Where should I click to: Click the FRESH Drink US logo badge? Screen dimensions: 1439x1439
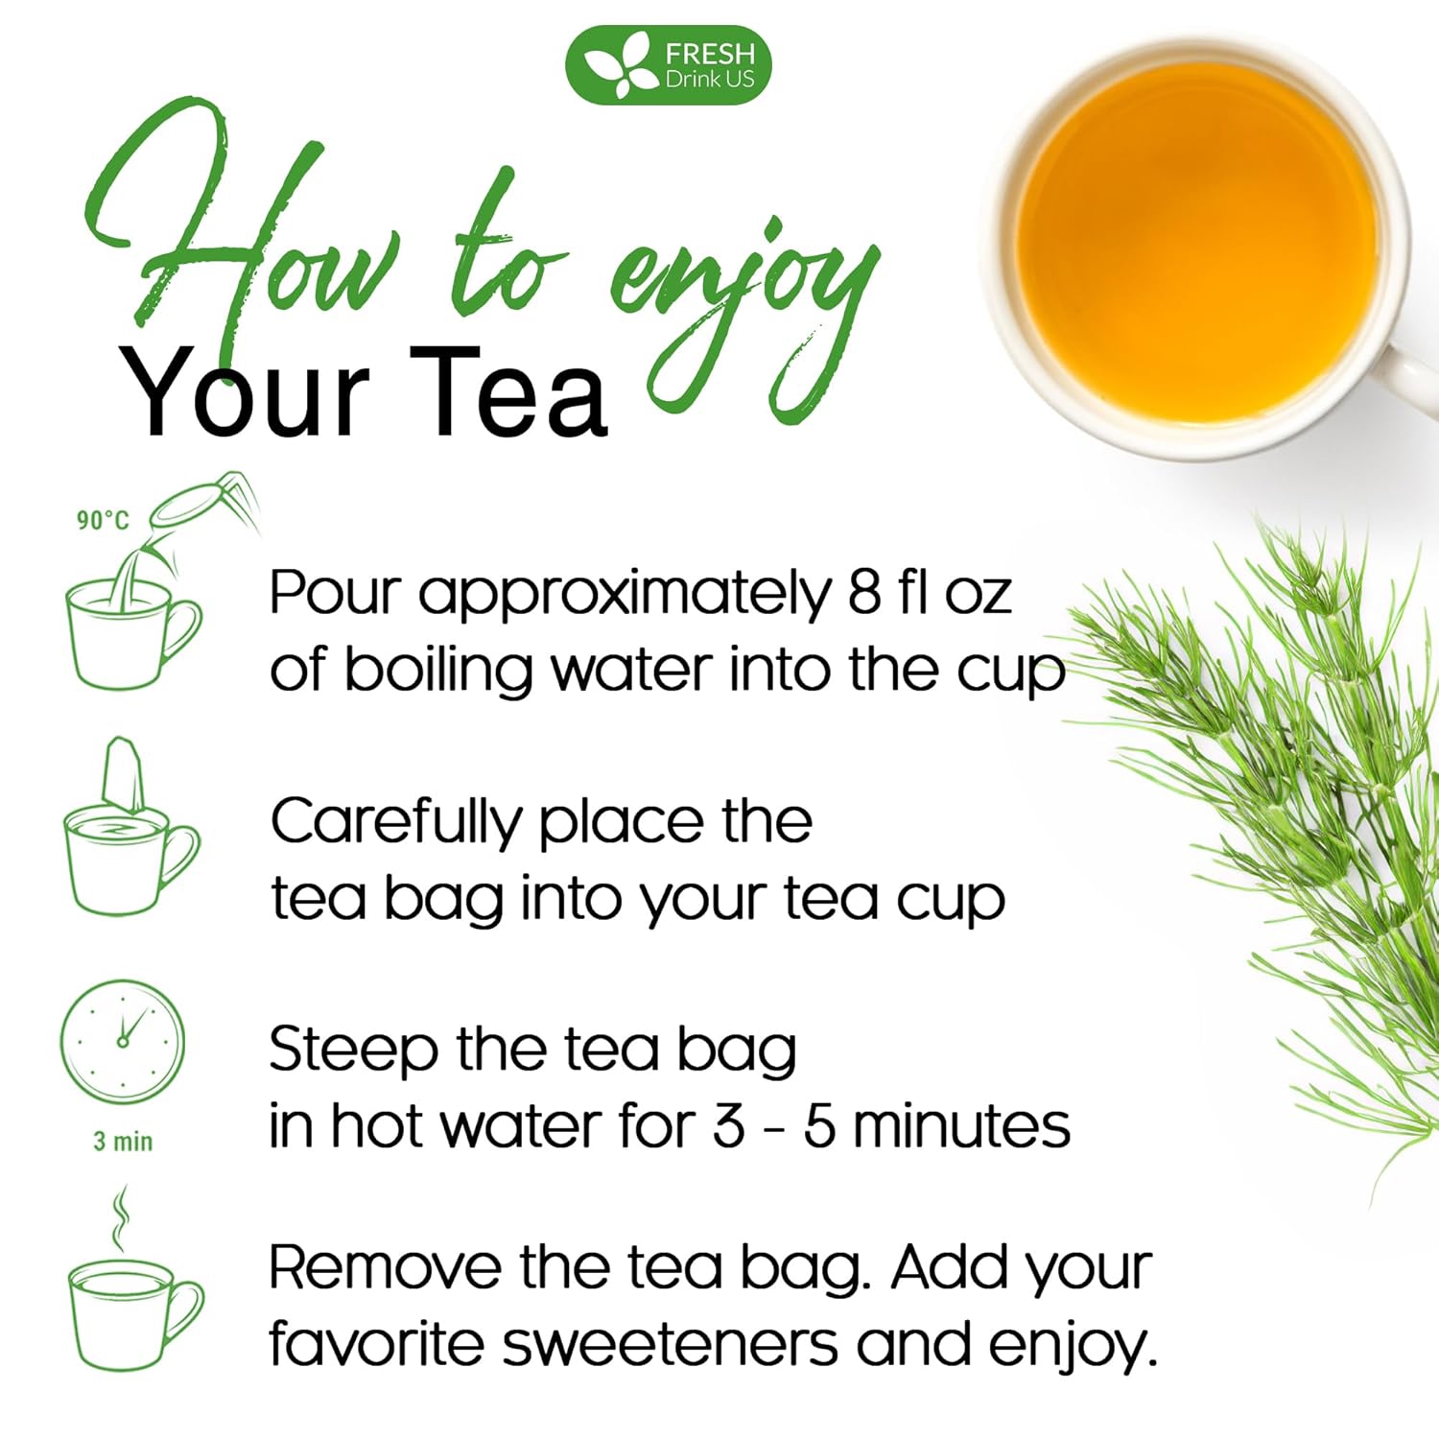669,65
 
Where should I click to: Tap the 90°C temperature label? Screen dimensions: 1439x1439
103,520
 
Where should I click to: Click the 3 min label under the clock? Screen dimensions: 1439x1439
123,1142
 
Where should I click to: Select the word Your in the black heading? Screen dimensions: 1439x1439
245,393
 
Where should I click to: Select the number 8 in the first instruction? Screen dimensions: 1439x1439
863,593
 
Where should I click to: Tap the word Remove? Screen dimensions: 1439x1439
384,1268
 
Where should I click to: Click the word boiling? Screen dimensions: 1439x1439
437,670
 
